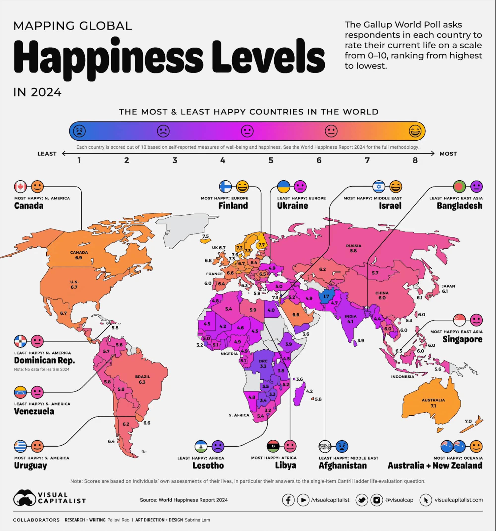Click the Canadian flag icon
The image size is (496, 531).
click(x=21, y=186)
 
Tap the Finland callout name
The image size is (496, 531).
click(x=233, y=206)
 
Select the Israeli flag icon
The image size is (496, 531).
click(x=379, y=186)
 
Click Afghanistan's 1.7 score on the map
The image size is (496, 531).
click(x=326, y=296)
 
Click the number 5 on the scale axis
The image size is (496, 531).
click(x=271, y=160)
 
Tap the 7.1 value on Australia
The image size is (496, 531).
click(x=433, y=406)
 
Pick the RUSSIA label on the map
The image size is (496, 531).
click(x=353, y=245)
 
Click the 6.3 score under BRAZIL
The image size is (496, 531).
click(x=142, y=382)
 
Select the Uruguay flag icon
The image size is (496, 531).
click(x=21, y=446)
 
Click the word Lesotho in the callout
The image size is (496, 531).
click(x=208, y=465)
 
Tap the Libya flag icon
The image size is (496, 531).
click(x=273, y=446)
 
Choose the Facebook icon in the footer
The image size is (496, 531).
click(x=288, y=500)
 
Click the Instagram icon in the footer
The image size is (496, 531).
click(x=376, y=500)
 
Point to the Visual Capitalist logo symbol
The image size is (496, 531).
click(x=25, y=497)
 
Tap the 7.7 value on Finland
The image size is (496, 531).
click(x=261, y=245)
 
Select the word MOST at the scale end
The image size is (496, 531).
click(x=448, y=154)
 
